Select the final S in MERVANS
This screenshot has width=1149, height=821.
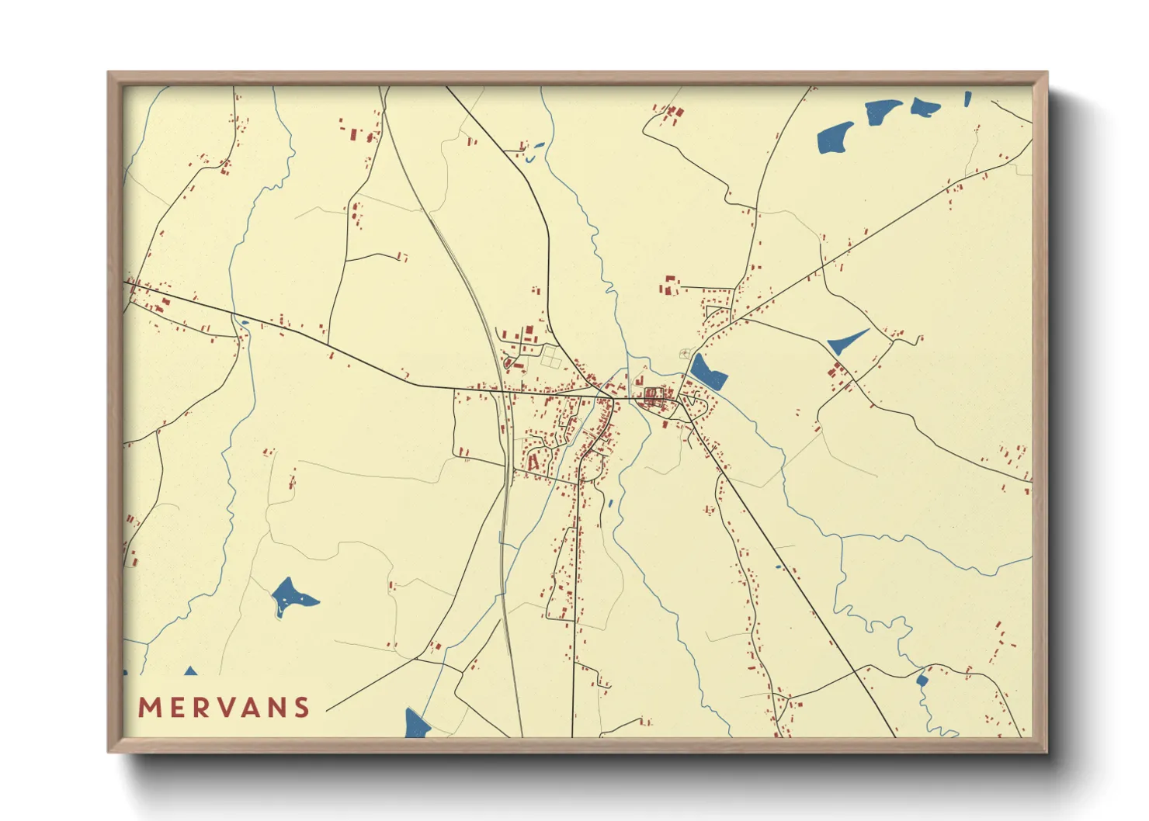[301, 708]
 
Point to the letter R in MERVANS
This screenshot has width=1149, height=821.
[200, 708]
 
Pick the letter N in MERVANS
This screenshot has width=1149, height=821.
[276, 708]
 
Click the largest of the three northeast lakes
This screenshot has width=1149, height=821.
[835, 138]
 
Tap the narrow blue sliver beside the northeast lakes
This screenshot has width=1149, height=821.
[968, 99]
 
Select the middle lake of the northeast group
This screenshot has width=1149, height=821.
[883, 111]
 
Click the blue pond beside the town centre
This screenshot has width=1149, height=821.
[708, 372]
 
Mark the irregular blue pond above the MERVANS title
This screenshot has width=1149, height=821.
[291, 596]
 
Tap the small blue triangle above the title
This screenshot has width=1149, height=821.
[190, 671]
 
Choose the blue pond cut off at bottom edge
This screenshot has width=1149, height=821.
[416, 725]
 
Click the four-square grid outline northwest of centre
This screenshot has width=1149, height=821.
[550, 357]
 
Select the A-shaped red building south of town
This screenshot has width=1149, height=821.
[533, 462]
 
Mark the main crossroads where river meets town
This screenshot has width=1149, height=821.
[613, 398]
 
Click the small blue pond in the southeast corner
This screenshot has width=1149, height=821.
[922, 681]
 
